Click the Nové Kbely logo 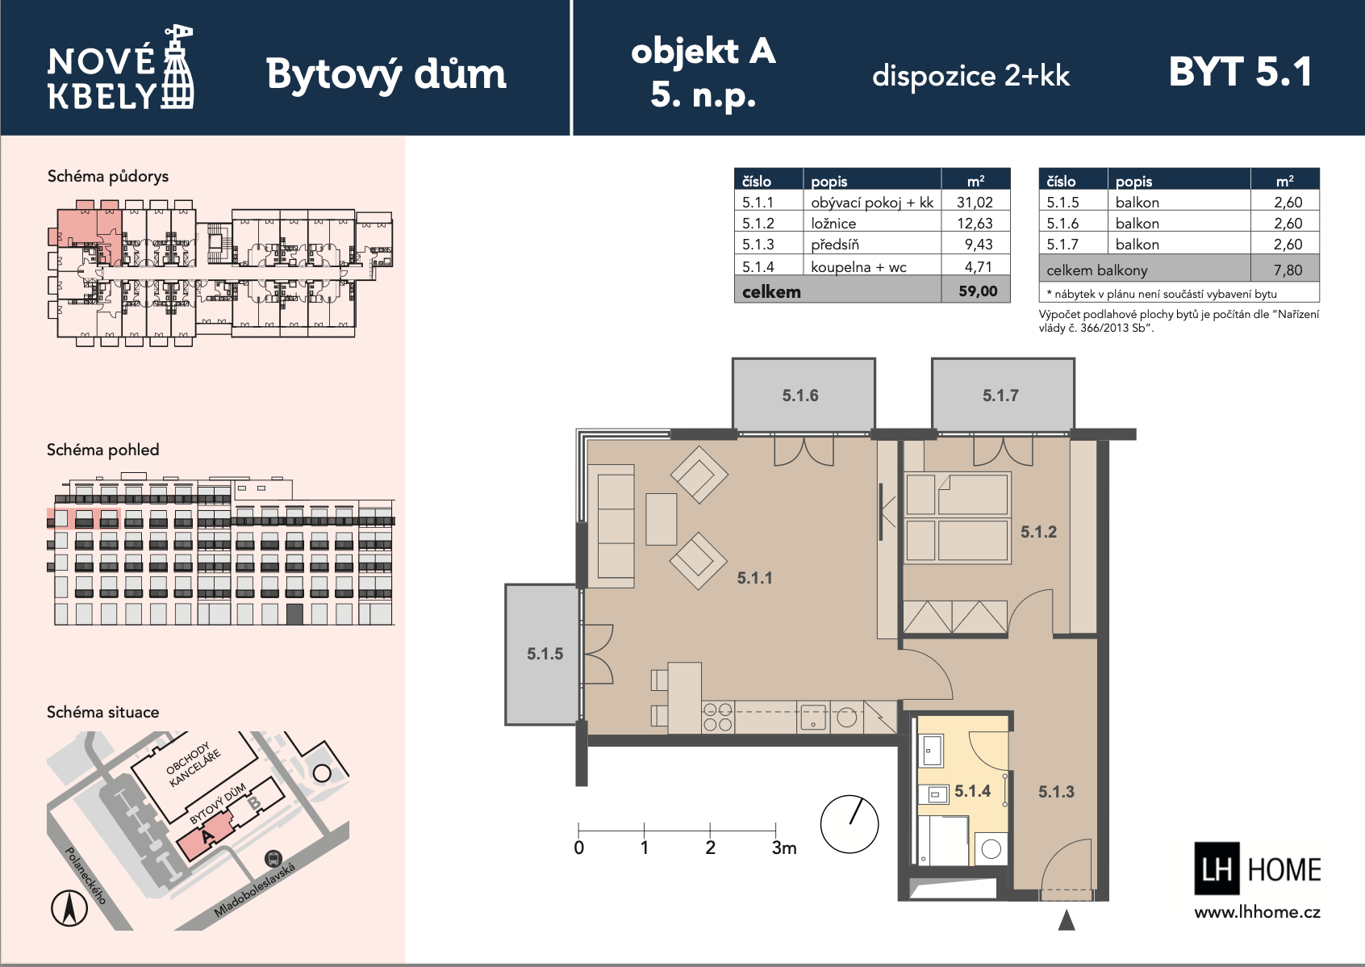coord(121,69)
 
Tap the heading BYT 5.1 coord(1240,72)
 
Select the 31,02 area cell coord(975,203)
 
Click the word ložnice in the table coord(833,224)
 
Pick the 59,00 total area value coord(978,291)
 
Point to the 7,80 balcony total coord(1288,270)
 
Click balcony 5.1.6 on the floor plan coord(804,396)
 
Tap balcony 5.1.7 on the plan coord(1003,396)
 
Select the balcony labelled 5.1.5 coord(542,655)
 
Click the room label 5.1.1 coord(754,578)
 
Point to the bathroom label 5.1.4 coord(973,791)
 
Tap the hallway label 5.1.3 coord(1056,792)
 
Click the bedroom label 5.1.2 coord(1038,532)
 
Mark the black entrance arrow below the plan coord(1067,920)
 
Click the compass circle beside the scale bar coord(849,824)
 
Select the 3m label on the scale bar coord(784,848)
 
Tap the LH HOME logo coord(1257,869)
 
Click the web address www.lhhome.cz coord(1257,912)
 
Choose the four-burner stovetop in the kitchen coord(717,717)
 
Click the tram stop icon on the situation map coord(273,859)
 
